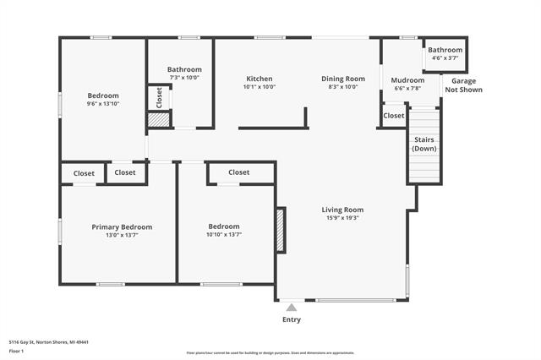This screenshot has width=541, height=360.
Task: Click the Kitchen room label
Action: pos(259,79)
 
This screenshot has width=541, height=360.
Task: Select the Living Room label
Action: pos(342,210)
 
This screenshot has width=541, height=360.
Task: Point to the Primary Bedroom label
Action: pos(122,226)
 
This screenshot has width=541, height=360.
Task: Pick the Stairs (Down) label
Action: pos(424,144)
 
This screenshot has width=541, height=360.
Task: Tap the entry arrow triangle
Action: pos(291,308)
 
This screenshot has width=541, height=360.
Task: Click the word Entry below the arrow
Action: pos(291,319)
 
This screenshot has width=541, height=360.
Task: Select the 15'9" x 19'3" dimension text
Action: pos(342,218)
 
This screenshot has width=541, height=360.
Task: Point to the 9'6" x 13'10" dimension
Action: pos(103,104)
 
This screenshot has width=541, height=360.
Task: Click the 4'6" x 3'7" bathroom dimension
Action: pos(445,57)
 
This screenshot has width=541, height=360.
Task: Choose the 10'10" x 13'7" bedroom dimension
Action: pos(224,235)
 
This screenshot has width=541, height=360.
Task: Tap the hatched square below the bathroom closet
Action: pos(158,120)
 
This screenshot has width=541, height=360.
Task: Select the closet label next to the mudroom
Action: pos(394,116)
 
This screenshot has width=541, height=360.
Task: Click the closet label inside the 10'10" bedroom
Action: pos(239,172)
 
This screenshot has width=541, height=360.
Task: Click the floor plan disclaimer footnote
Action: pos(270,353)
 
